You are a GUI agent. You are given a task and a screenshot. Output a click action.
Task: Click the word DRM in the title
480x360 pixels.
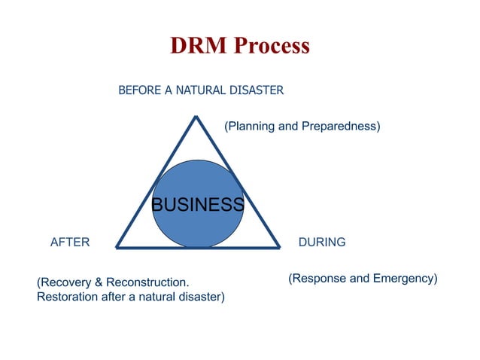click(x=197, y=46)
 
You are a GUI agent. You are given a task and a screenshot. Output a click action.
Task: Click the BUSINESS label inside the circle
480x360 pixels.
click(x=198, y=205)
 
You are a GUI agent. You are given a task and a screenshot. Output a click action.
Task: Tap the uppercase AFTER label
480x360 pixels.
click(x=69, y=243)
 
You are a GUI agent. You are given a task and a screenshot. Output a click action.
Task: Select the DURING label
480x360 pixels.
click(x=322, y=243)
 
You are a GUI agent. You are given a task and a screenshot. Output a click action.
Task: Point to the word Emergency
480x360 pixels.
click(x=403, y=279)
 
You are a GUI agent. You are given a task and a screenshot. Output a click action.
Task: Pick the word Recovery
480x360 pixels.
click(x=65, y=282)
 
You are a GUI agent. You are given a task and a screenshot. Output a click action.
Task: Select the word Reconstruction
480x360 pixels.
click(x=147, y=282)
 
